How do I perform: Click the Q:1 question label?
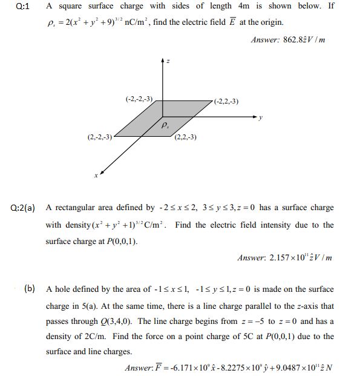[x=19, y=7]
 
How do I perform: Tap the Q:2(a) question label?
[x=23, y=208]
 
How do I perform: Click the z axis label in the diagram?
[x=168, y=62]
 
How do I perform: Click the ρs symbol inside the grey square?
[x=165, y=126]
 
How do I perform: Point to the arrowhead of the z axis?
[x=162, y=59]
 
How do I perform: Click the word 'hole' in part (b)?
[x=68, y=290]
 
